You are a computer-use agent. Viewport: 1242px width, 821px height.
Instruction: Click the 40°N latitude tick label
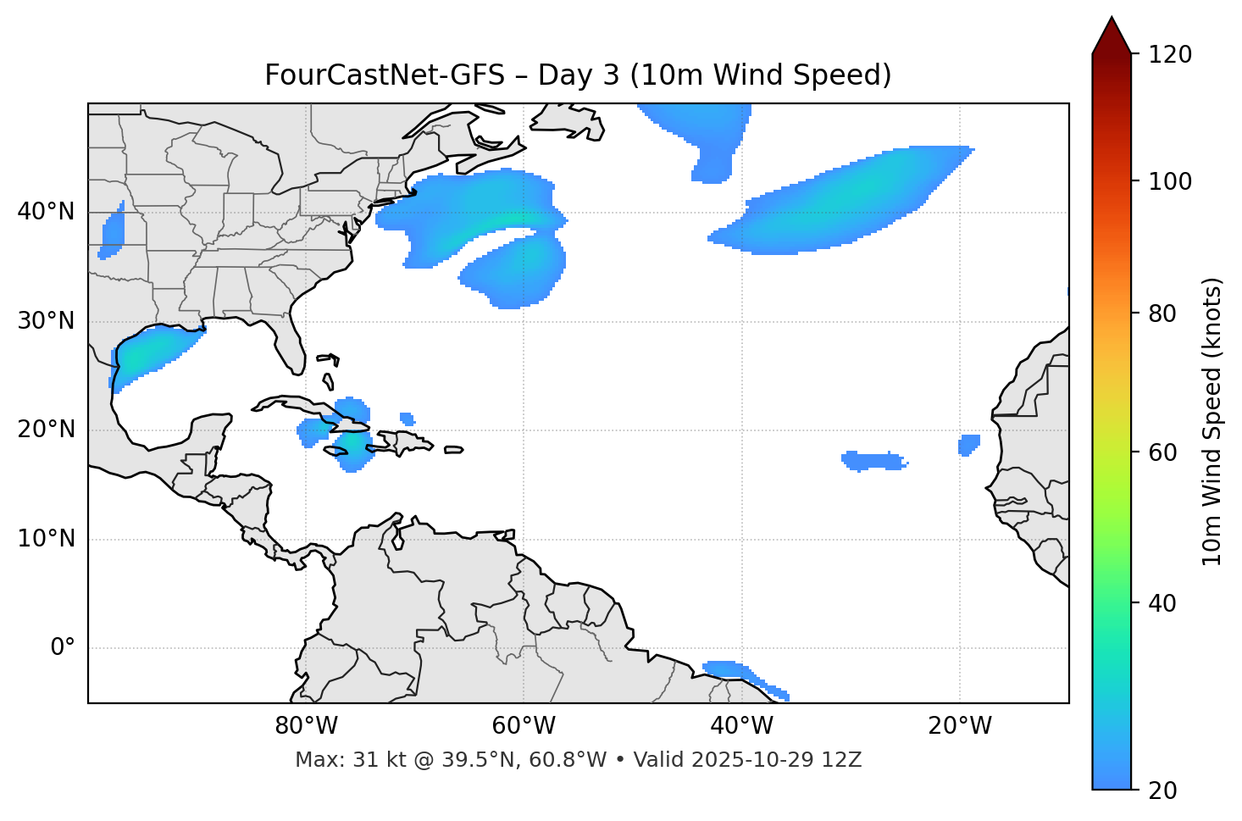[46, 212]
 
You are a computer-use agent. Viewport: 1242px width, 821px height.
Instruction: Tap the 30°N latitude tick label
[46, 321]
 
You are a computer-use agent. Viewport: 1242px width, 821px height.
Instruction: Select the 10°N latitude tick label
[46, 539]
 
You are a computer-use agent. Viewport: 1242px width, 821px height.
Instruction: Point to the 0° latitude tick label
[63, 648]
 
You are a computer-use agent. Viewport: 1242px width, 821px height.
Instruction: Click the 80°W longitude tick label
[306, 726]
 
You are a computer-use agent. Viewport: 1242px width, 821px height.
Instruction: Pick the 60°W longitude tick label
[524, 726]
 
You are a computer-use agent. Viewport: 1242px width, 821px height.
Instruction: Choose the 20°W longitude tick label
[960, 726]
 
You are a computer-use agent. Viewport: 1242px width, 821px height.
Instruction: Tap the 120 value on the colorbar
[1170, 55]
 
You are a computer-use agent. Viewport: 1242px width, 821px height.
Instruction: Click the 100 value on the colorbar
[1170, 182]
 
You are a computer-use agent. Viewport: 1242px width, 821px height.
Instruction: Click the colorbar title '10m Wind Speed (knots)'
[1212, 421]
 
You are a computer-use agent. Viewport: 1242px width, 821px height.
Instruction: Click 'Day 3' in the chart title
[578, 75]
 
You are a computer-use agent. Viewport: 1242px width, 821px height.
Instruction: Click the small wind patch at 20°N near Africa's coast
[969, 444]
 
